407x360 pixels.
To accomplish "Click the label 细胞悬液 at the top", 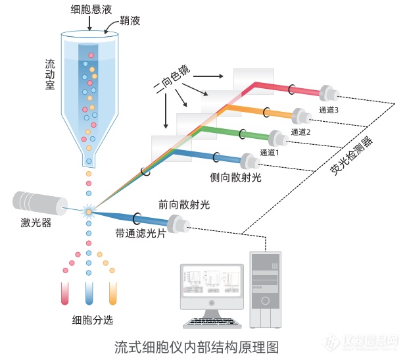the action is point(91,10).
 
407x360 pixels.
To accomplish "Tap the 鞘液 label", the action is point(130,20).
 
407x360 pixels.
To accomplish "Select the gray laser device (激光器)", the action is point(40,203).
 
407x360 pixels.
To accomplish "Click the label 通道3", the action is point(329,110).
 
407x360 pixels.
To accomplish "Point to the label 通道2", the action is point(300,132).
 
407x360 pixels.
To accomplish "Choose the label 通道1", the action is point(270,152).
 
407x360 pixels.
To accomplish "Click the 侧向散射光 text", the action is point(235,178).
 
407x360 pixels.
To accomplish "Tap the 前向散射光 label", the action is point(184,205).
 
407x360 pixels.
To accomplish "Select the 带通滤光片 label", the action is point(141,234).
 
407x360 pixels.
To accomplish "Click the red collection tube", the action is point(64,294).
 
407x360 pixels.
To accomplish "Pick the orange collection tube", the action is point(112,294).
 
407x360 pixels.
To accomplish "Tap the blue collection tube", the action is point(89,294).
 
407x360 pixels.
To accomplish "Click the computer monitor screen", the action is point(212,282).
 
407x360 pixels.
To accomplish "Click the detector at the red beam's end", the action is point(329,93).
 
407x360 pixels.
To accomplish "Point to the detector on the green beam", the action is point(278,139).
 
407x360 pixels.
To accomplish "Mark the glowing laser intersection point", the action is point(89,212).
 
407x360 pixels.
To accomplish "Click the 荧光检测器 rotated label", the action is point(351,155).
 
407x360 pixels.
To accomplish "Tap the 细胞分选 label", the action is point(93,320).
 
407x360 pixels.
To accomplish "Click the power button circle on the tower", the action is point(265,301).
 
